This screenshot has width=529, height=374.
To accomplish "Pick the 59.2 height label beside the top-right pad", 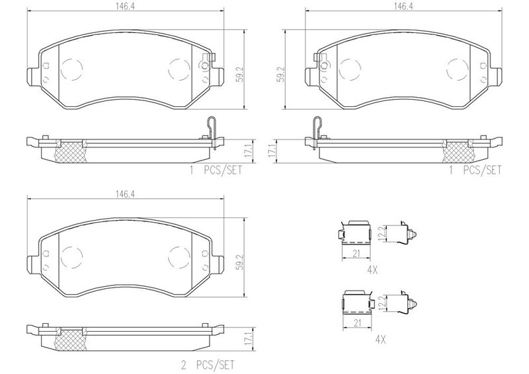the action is click(x=280, y=74).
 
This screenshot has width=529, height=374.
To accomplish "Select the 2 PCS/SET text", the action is click(x=208, y=365).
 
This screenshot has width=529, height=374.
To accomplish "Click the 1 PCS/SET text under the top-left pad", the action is click(x=216, y=170).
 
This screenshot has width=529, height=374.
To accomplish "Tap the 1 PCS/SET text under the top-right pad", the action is click(x=475, y=170).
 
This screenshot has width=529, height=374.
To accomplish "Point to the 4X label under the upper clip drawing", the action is click(x=372, y=270).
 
